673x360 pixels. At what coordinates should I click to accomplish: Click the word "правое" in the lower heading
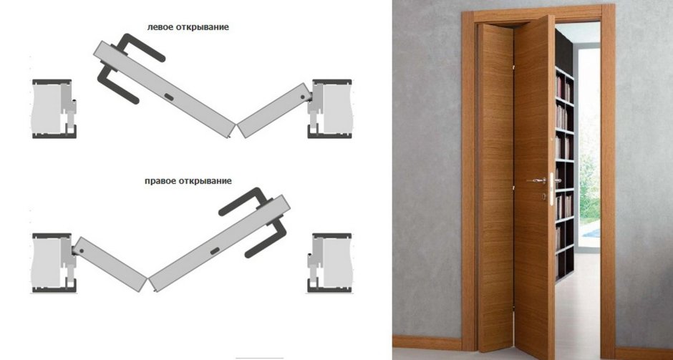coord(160,181)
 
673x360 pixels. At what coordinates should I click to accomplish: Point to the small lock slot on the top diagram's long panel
coord(168,96)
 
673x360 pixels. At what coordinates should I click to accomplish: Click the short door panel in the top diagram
coord(272,112)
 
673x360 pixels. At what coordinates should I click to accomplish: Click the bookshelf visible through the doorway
coord(563,172)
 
